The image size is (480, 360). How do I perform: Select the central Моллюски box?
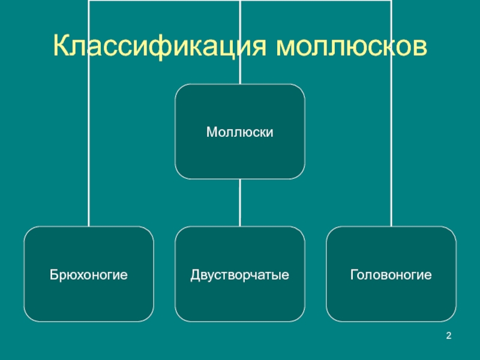(x=240, y=131)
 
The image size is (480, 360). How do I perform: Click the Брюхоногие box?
(x=89, y=274)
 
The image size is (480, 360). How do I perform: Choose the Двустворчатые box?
(x=240, y=274)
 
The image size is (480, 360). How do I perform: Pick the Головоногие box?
(x=391, y=274)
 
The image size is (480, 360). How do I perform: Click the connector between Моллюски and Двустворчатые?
(x=240, y=202)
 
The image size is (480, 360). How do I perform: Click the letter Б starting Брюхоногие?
(x=53, y=275)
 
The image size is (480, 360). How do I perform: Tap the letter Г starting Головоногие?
(x=353, y=275)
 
